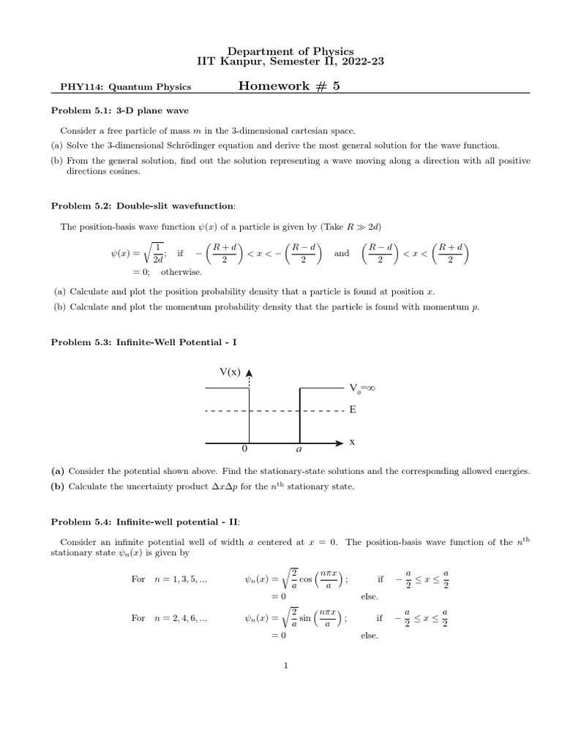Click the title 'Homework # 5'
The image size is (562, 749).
point(289,86)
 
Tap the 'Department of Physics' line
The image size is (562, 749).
point(281,48)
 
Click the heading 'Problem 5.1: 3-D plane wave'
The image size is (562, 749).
point(119,110)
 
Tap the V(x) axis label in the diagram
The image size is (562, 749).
point(230,372)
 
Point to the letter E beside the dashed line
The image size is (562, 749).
point(353,411)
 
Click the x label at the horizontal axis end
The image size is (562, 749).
point(352,442)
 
